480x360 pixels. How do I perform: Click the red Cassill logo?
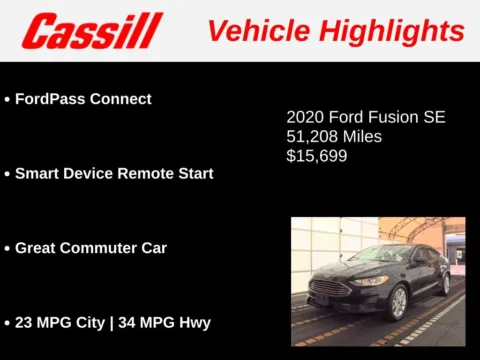coord(92,31)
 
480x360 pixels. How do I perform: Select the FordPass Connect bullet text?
coord(83,99)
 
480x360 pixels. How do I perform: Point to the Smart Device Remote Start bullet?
coord(114,173)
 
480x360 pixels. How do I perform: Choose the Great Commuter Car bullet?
coord(91,247)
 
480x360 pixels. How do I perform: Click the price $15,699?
coord(317,156)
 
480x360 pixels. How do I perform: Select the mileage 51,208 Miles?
coord(334,136)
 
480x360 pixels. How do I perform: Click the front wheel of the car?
coord(397,302)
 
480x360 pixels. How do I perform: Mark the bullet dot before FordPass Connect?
coord(7,100)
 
